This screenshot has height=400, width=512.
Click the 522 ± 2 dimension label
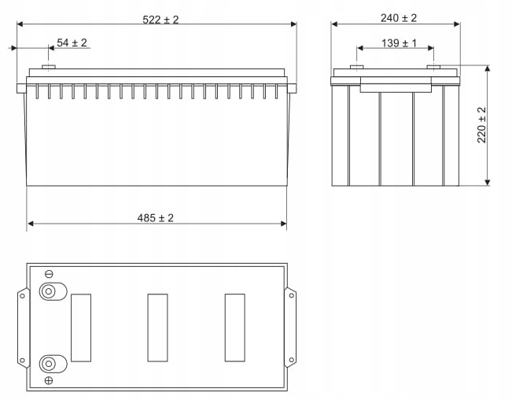tap(160, 19)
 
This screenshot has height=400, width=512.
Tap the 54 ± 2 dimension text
tap(72, 43)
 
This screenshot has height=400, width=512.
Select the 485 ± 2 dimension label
tap(156, 218)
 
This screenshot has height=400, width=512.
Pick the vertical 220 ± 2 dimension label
tap(482, 124)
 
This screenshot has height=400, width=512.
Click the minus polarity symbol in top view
tap(49, 274)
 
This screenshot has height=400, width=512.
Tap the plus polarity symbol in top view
tap(49, 381)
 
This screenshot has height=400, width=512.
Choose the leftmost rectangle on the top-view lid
tap(81, 328)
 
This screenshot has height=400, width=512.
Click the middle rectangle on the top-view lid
tap(157, 328)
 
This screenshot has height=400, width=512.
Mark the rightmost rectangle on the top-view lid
tap(234, 328)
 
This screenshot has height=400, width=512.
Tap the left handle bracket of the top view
tap(23, 327)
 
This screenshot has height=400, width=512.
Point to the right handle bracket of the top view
tap(290, 327)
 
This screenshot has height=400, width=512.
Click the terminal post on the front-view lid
tap(49, 68)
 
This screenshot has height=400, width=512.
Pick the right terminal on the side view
tap(433, 67)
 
